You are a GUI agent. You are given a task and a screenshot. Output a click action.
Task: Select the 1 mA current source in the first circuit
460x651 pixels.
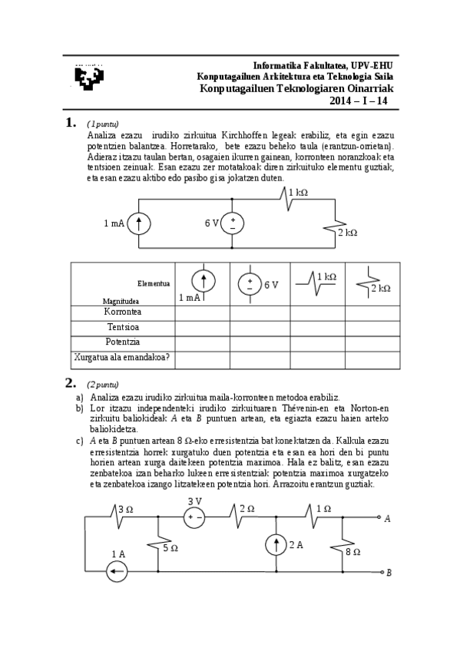139,223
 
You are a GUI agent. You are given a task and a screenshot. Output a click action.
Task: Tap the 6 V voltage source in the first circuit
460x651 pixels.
232,223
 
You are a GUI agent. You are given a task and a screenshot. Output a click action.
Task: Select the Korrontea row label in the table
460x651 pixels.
123,312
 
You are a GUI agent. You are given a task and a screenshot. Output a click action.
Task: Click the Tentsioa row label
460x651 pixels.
123,327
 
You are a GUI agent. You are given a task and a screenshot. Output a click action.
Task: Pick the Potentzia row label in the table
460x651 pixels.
123,342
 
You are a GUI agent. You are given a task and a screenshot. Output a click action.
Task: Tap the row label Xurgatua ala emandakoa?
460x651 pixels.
123,357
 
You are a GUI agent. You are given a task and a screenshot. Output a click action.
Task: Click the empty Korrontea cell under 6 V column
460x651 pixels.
260,312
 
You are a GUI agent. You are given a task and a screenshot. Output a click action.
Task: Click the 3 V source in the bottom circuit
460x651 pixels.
194,517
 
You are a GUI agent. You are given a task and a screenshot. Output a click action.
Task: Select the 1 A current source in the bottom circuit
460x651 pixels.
117,571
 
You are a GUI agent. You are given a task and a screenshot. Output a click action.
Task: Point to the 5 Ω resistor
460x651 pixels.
157,547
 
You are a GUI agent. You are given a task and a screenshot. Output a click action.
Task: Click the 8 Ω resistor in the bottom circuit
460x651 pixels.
336,548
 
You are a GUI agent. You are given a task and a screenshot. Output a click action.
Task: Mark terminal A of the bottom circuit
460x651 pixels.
382,518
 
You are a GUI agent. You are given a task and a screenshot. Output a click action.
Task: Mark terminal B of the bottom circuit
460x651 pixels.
382,572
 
